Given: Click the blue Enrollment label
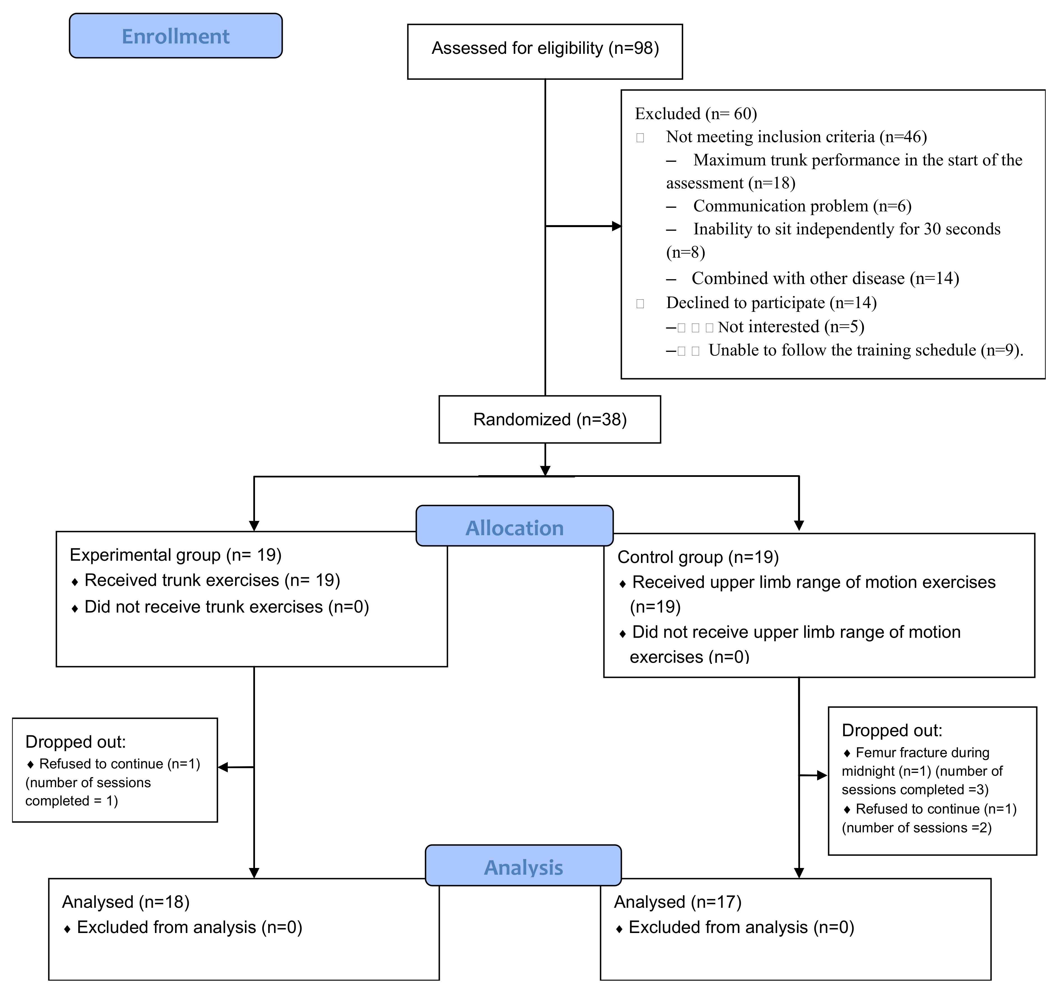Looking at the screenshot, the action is tap(176, 36).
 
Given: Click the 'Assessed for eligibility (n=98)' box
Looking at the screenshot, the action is tap(545, 52).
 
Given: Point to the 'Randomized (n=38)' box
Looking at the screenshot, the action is tap(550, 419).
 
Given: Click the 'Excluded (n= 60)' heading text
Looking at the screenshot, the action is tap(696, 114).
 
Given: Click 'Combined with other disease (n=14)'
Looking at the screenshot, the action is tap(825, 278).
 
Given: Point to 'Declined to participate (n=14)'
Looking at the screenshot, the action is tap(772, 303).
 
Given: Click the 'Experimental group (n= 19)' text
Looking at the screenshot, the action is tap(176, 555).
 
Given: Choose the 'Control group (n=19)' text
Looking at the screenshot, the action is tap(698, 557).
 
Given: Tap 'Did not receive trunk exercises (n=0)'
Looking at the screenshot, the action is tap(227, 607).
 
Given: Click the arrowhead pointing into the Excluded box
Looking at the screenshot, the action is tap(617, 227).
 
